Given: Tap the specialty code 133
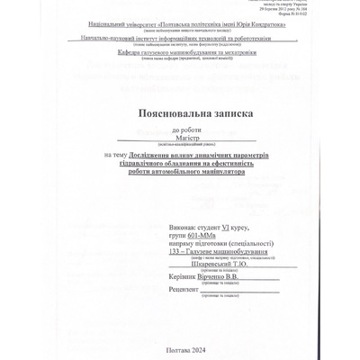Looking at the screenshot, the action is tap(174, 251).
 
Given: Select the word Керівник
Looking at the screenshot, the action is tap(184, 278).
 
